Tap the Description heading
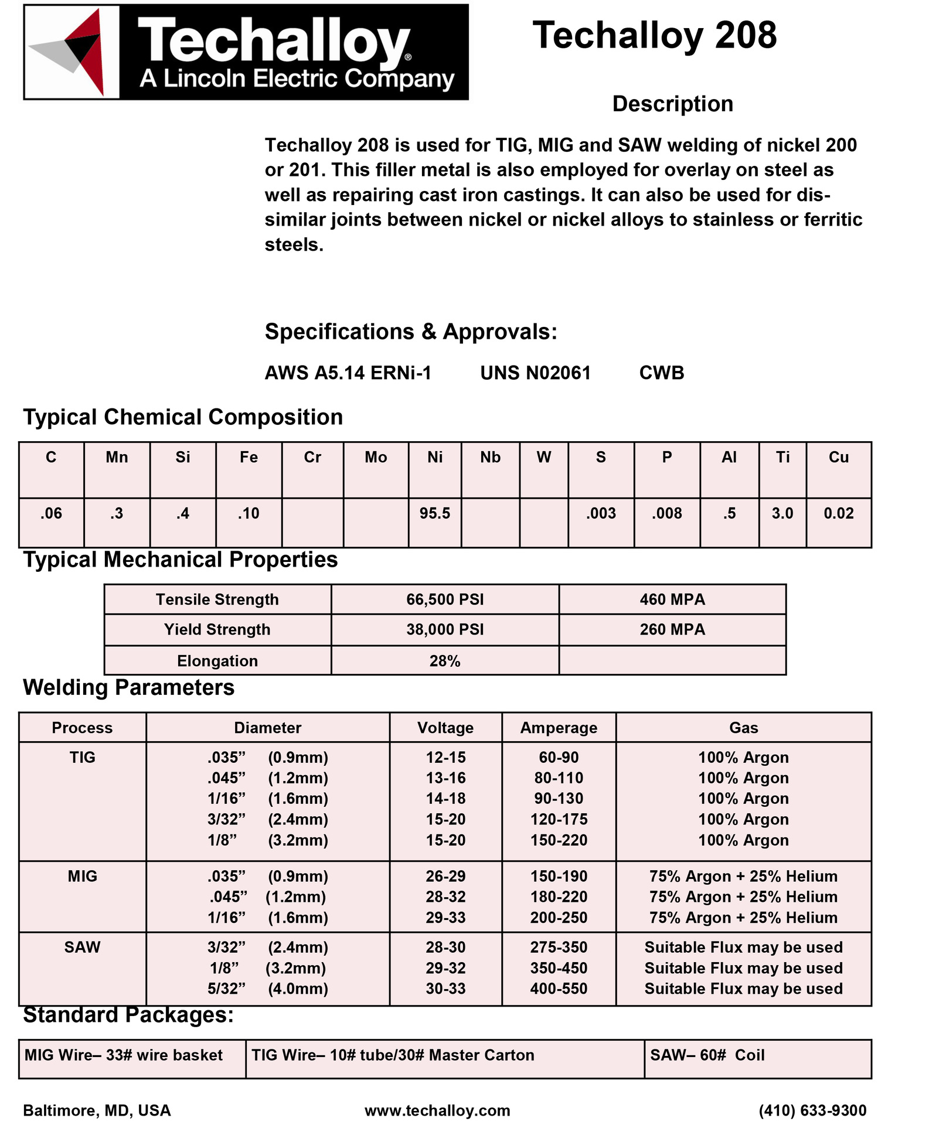coord(672,104)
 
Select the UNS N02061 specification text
coord(535,373)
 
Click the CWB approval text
coord(661,373)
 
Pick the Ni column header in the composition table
coord(434,457)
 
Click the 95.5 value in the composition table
coord(434,513)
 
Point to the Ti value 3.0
coord(782,513)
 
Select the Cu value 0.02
coord(838,513)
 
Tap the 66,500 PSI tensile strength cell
coord(445,599)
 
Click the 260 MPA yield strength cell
coord(672,629)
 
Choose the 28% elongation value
coord(445,661)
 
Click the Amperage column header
coord(559,728)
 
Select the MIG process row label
coord(82,876)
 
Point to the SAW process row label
coord(82,947)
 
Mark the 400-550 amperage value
coord(559,988)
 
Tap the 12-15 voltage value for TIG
coord(445,757)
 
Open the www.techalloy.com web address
coord(437,1110)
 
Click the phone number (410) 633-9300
coord(812,1110)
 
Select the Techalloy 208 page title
coord(654,35)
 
